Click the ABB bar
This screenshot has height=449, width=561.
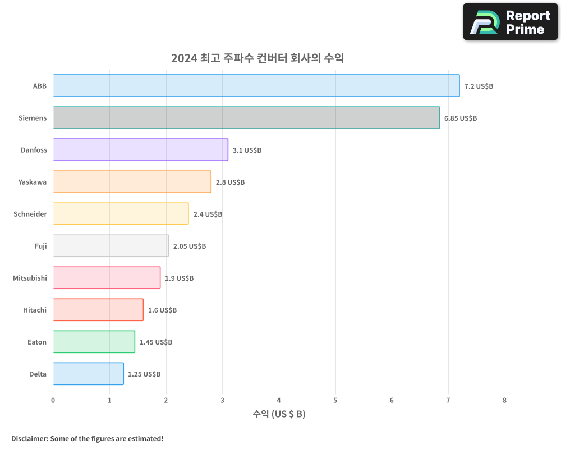(256, 86)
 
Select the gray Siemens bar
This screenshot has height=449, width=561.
(246, 118)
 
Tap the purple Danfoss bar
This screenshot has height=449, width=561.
(140, 150)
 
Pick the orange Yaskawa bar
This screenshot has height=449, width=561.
(132, 182)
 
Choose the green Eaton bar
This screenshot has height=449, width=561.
(94, 342)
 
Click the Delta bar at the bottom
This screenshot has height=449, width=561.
(88, 374)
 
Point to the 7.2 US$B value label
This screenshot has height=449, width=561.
(479, 86)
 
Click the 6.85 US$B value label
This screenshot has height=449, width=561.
(460, 118)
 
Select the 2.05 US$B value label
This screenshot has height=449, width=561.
(189, 246)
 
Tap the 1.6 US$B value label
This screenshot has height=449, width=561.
(162, 310)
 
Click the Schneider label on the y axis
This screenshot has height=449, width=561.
(30, 214)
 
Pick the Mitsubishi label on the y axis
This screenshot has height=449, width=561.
(30, 278)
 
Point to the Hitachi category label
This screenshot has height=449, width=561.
(35, 310)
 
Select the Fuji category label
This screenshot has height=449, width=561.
(40, 246)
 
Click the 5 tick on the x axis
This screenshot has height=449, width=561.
(335, 401)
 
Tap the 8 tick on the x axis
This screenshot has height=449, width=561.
(504, 401)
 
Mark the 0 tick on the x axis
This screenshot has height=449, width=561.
(53, 401)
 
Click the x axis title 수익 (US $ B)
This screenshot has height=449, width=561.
(279, 414)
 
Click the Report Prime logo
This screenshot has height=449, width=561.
(510, 22)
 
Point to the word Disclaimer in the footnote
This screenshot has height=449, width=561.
(29, 439)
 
